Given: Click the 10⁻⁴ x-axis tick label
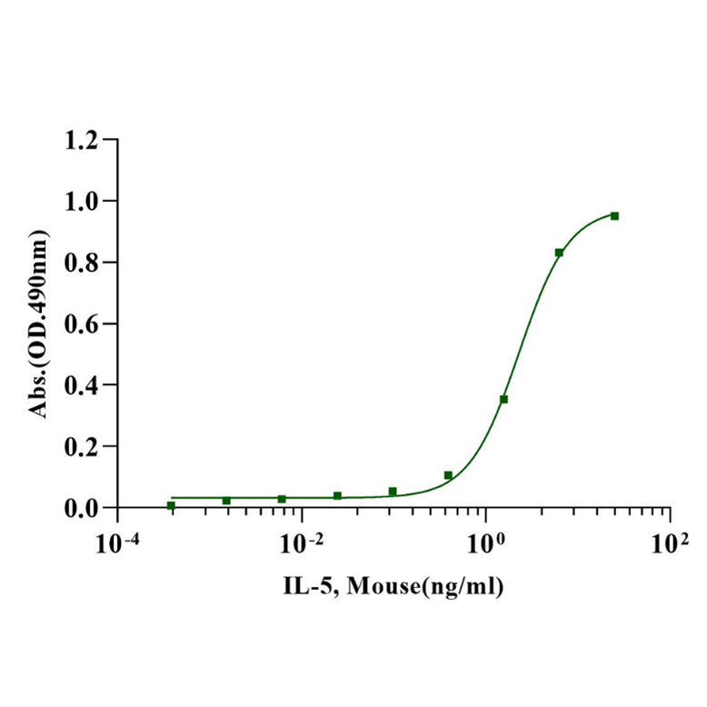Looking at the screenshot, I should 117,542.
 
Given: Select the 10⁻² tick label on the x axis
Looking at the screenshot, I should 302,542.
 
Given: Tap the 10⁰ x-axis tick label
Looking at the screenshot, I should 487,542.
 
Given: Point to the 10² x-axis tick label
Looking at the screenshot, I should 671,542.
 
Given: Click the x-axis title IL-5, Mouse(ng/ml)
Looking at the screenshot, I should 393,586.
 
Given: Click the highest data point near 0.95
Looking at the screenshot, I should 614,216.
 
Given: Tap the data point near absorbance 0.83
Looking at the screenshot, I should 559,253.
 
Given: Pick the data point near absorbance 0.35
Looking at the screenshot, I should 503,399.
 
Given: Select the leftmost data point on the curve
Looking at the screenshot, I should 171,505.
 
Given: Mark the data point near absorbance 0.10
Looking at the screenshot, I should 448,475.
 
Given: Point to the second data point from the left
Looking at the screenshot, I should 226,501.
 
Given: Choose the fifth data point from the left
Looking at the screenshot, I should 393,492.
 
